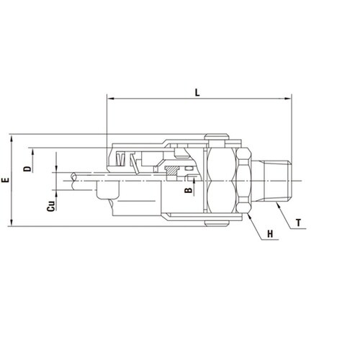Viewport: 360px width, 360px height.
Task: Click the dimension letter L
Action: coord(197,92)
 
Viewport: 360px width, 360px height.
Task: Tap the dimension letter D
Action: coord(27,168)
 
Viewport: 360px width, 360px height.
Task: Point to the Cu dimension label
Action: coord(51,206)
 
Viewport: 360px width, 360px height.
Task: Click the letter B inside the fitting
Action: coord(189,190)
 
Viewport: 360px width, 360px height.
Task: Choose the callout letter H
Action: coord(270,234)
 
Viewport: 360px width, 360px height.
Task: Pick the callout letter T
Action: coord(298,223)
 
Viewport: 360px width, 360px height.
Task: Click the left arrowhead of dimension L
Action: coord(110,99)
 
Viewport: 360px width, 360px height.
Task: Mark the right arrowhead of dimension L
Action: coord(288,99)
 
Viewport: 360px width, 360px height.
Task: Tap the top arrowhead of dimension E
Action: coord(12,138)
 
